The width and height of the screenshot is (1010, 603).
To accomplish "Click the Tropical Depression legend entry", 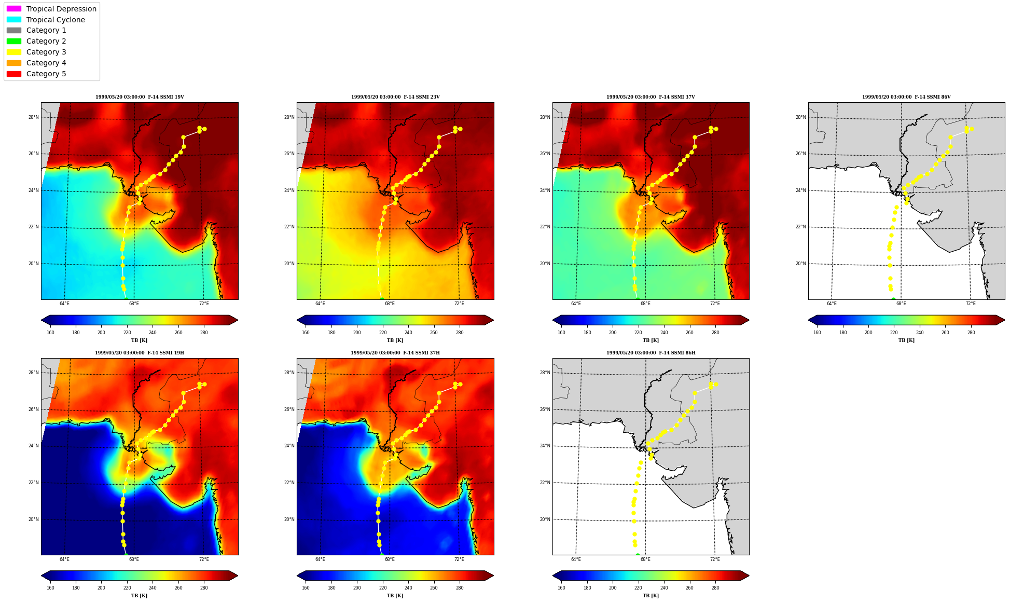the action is pyautogui.click(x=51, y=9).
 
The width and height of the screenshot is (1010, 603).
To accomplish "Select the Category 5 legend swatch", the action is pyautogui.click(x=14, y=74).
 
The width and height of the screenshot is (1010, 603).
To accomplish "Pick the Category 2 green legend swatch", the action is pyautogui.click(x=14, y=41).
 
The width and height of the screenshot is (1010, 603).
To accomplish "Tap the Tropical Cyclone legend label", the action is pyautogui.click(x=56, y=20).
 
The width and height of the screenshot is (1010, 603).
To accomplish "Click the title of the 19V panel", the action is pyautogui.click(x=140, y=97).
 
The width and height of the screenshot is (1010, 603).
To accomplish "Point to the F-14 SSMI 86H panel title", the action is pyautogui.click(x=651, y=353).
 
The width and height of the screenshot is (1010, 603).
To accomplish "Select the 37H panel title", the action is pyautogui.click(x=395, y=353).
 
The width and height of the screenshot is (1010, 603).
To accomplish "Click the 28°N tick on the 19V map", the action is pyautogui.click(x=34, y=117).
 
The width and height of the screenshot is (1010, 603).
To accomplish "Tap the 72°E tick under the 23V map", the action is pyautogui.click(x=459, y=304).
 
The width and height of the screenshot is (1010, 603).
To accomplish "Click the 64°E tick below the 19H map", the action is pyautogui.click(x=64, y=559).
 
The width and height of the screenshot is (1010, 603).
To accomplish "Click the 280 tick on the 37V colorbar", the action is pyautogui.click(x=715, y=333).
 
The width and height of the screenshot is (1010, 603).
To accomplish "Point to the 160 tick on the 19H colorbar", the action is pyautogui.click(x=50, y=588).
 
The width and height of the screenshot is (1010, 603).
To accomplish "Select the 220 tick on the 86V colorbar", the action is pyautogui.click(x=894, y=333).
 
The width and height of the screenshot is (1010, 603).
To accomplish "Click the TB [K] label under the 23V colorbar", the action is pyautogui.click(x=395, y=340).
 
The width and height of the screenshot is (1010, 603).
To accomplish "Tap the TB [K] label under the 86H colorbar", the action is pyautogui.click(x=651, y=596).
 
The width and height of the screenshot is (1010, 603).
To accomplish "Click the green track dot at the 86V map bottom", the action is pyautogui.click(x=893, y=299).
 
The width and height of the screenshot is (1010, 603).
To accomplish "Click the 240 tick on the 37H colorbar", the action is pyautogui.click(x=408, y=588).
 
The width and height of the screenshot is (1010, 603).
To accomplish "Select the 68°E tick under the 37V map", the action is pyautogui.click(x=645, y=304).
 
